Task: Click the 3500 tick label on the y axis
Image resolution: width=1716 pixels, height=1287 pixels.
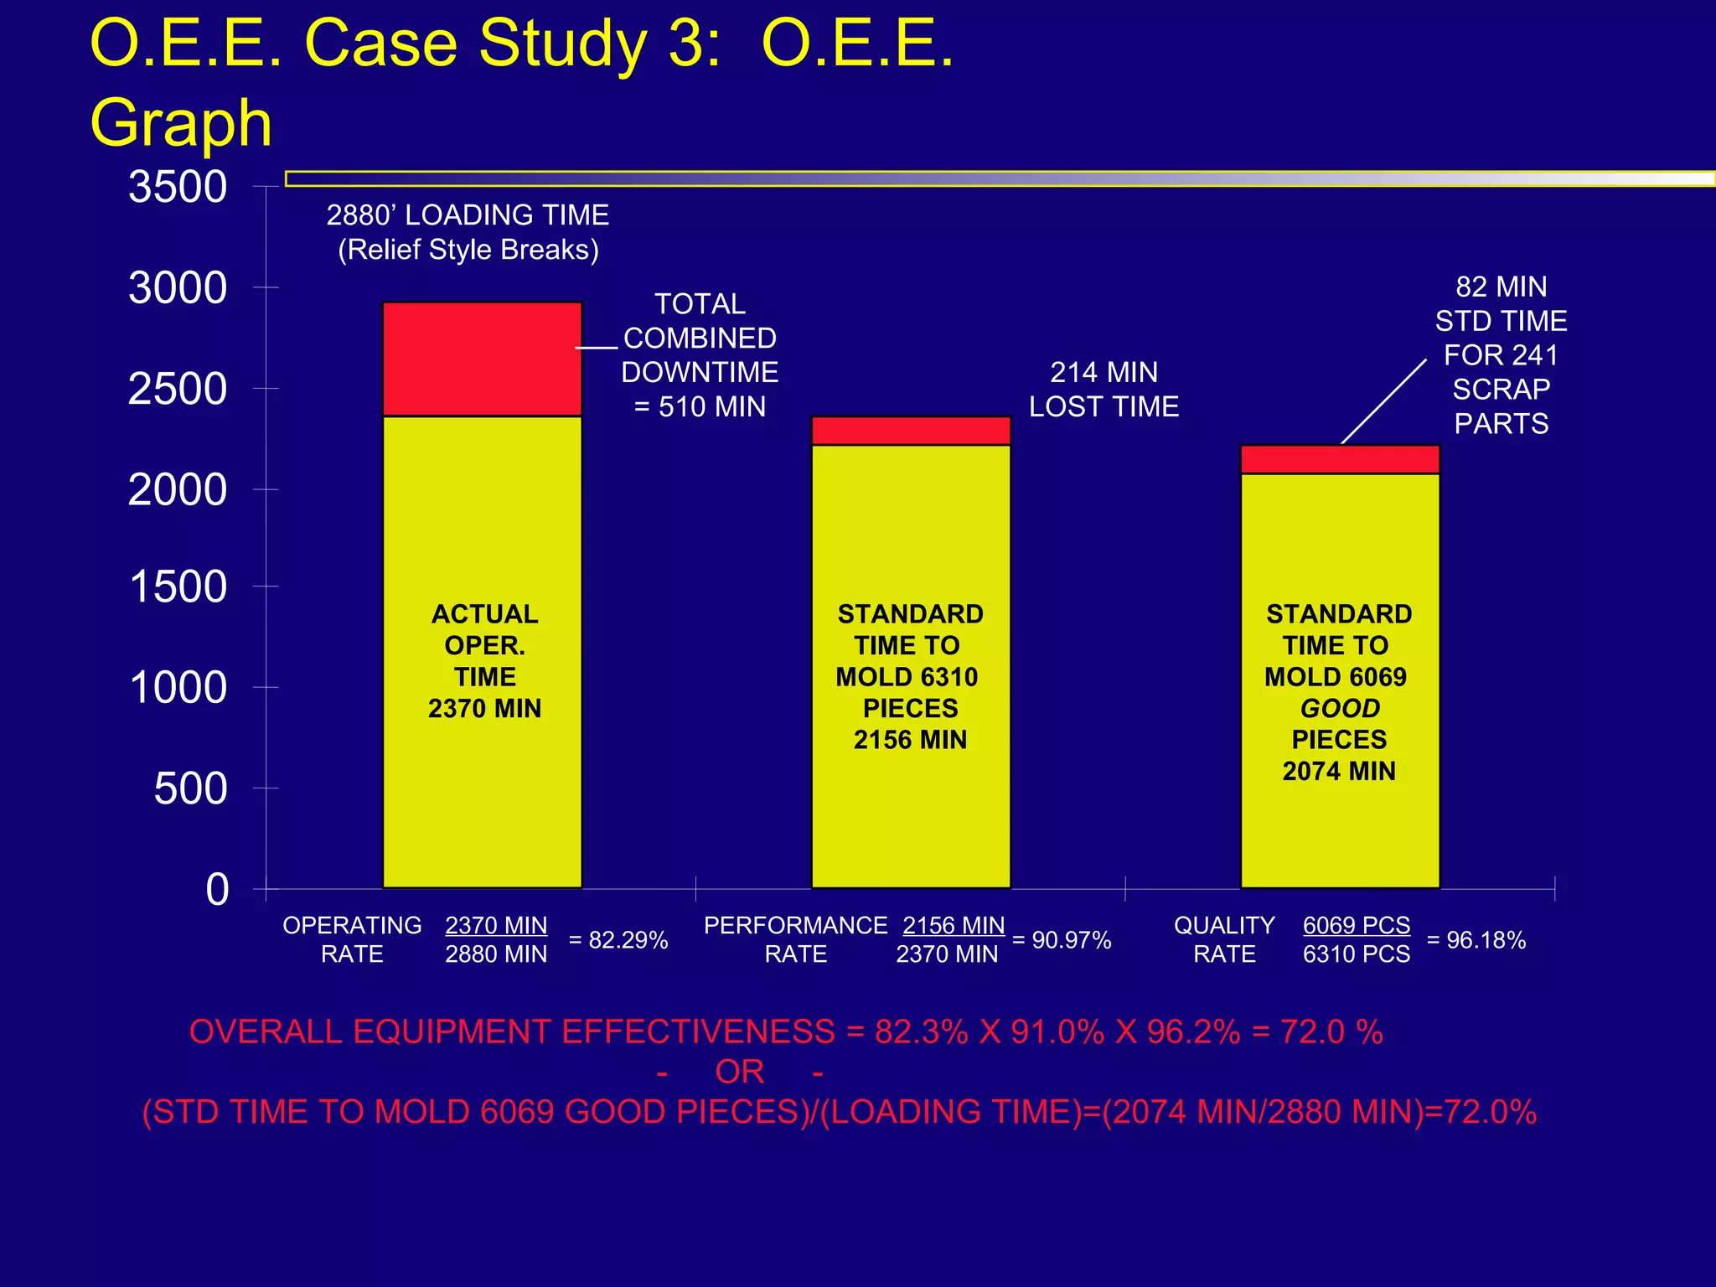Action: (178, 187)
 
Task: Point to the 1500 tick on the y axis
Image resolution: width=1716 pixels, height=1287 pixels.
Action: (178, 587)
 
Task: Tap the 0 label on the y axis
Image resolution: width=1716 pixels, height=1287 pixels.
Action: (217, 889)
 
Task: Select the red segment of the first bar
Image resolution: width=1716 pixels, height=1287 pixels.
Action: (482, 359)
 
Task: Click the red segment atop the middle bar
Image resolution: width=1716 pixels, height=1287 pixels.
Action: (911, 431)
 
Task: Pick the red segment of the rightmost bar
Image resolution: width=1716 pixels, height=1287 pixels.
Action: (1339, 459)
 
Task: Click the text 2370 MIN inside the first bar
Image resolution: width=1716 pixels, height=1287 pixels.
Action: (484, 709)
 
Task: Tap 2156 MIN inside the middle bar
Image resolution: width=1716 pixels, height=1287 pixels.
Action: (910, 740)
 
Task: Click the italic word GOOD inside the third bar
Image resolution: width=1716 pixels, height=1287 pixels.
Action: (1340, 709)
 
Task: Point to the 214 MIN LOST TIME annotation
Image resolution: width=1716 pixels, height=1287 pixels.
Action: (1104, 390)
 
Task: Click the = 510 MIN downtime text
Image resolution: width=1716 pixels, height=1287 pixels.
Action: (700, 407)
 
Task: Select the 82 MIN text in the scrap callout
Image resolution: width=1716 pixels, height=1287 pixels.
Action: (1501, 287)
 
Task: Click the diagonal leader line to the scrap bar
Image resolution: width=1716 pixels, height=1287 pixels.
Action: (1383, 402)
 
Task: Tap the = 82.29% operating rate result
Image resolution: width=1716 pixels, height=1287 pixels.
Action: (618, 940)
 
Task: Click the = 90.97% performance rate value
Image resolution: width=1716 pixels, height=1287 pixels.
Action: (1062, 940)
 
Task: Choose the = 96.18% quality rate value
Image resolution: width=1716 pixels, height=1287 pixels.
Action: (1476, 940)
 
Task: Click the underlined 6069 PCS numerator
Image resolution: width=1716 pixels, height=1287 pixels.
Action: (1356, 925)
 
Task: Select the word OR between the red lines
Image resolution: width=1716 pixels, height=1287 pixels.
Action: (739, 1072)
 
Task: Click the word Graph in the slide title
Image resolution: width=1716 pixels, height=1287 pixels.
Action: (181, 123)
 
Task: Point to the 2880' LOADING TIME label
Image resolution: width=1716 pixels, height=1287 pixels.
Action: (468, 215)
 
